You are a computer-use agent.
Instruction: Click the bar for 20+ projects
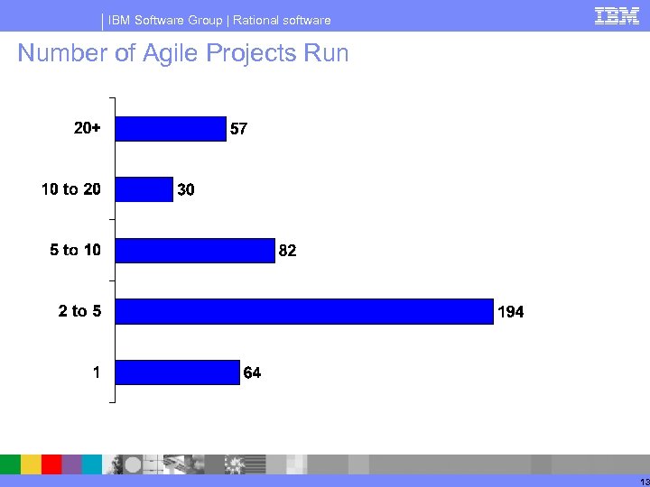[x=172, y=129]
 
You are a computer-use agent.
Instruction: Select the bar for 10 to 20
[x=144, y=189]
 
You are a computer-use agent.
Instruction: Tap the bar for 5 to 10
[x=195, y=251]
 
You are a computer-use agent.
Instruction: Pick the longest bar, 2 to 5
[x=305, y=311]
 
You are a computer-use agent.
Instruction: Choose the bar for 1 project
[x=178, y=372]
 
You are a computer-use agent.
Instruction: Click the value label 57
[x=238, y=130]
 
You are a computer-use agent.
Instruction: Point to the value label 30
[x=186, y=190]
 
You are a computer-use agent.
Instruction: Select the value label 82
[x=287, y=252]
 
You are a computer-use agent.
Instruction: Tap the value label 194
[x=510, y=312]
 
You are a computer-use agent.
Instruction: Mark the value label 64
[x=252, y=373]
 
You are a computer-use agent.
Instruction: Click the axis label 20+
[x=87, y=129]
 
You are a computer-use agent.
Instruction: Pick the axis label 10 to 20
[x=71, y=189]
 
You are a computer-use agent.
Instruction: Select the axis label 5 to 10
[x=75, y=251]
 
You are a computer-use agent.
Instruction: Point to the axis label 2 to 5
[x=79, y=311]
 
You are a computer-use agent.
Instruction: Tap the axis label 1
[x=96, y=372]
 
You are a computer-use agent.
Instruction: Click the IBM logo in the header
[x=617, y=15]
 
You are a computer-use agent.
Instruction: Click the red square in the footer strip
[x=51, y=464]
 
